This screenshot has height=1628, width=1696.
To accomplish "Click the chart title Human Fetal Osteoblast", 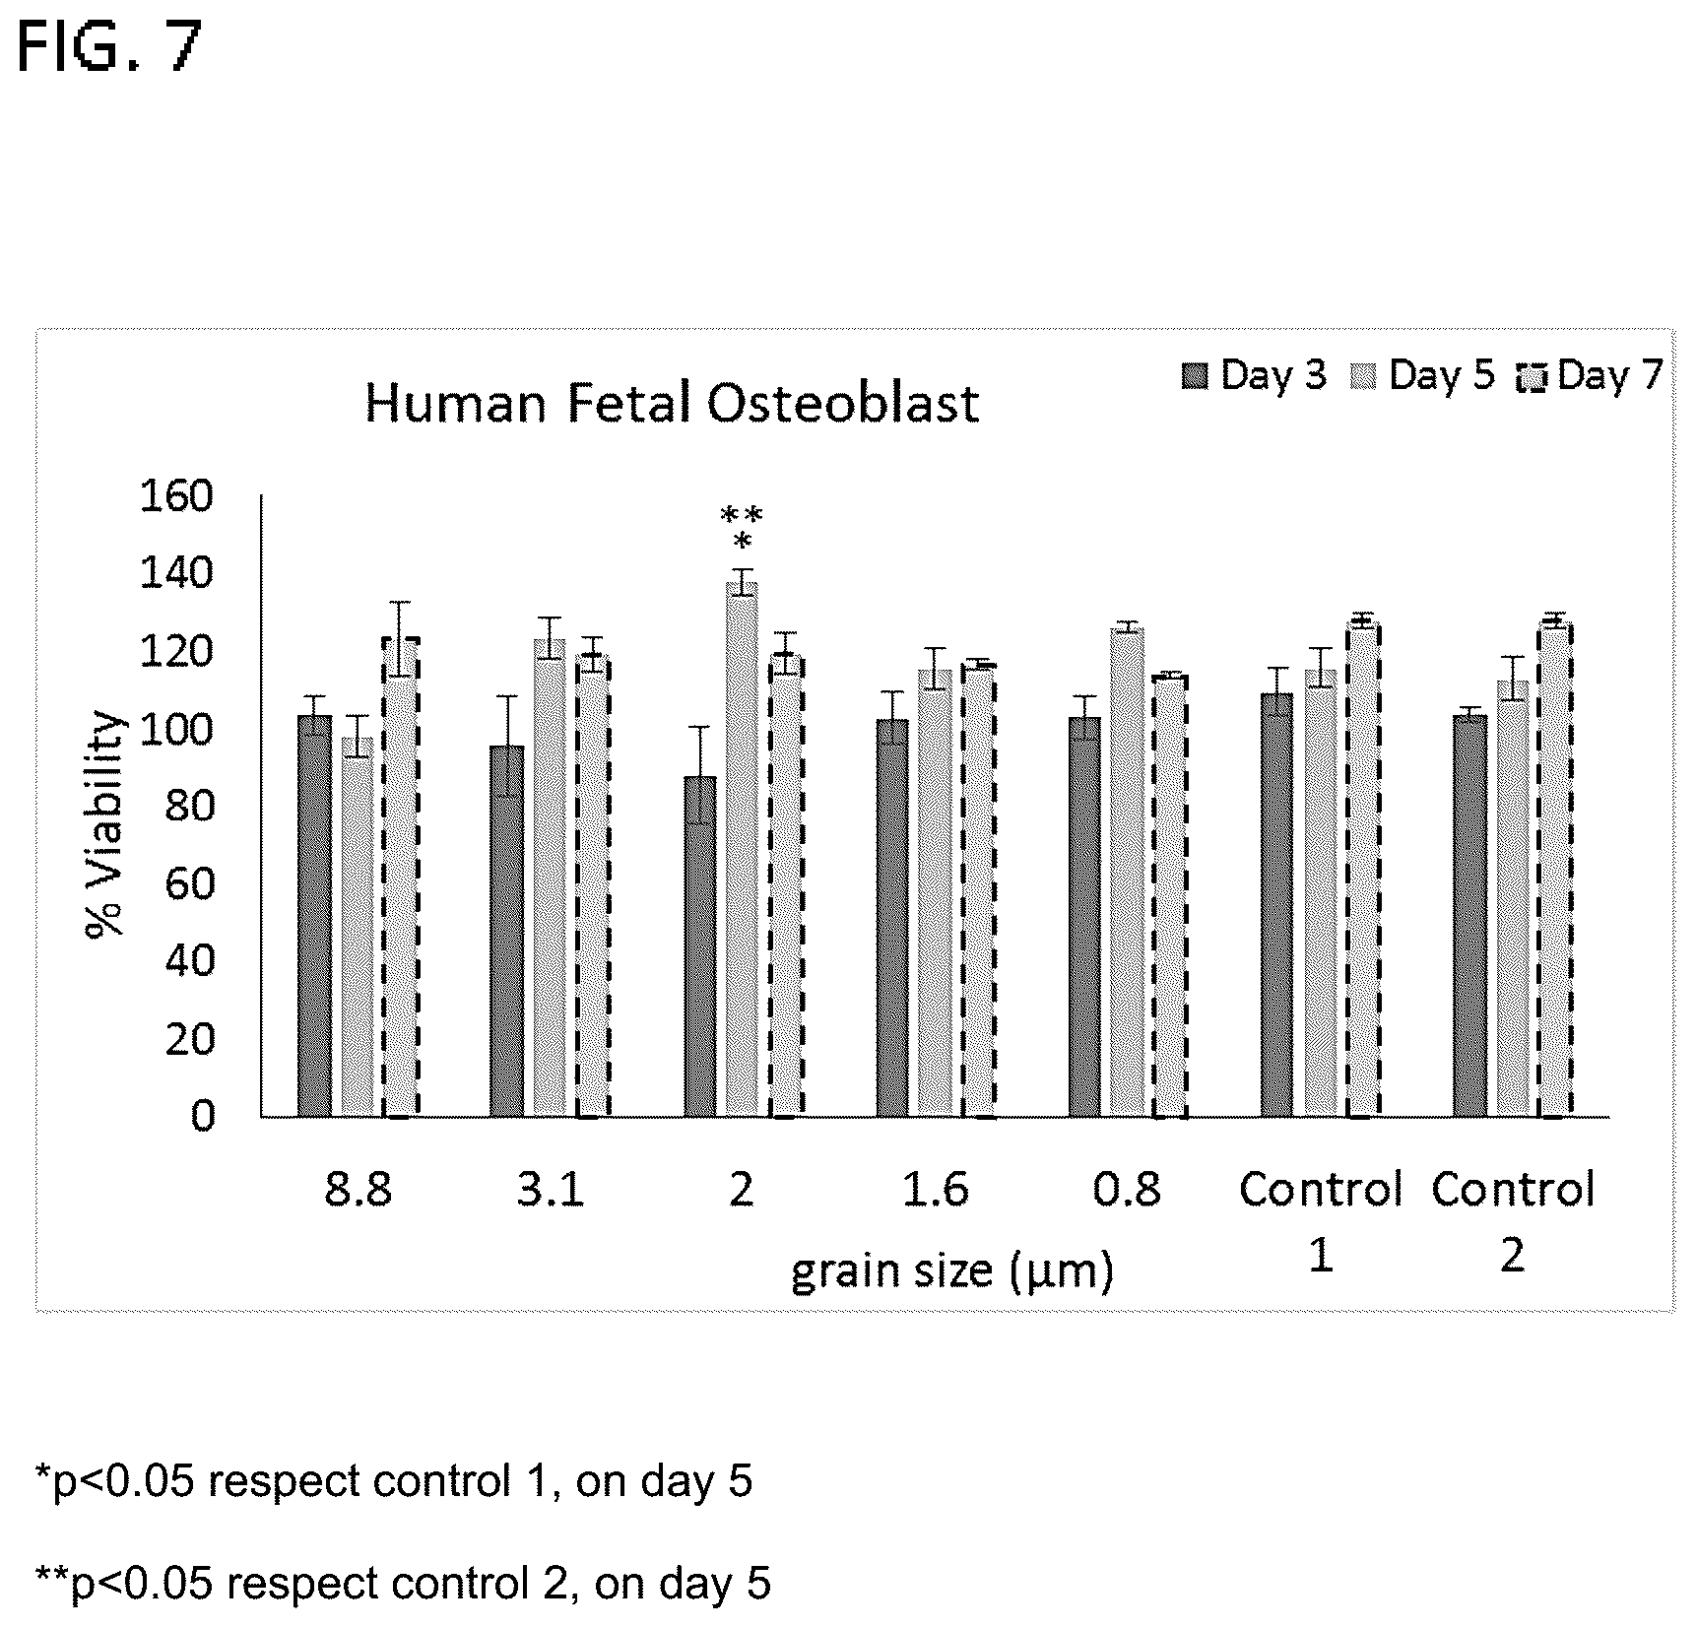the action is [672, 404].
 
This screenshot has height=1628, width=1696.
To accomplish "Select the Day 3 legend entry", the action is [1254, 375].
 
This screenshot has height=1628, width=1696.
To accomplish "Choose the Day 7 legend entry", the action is [1590, 375].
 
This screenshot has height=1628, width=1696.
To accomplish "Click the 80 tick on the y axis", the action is [189, 807].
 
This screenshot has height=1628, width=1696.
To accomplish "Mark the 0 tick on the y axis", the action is [202, 1117].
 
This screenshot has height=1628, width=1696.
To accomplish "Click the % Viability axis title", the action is [105, 823].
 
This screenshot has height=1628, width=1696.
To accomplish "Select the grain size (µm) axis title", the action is [952, 1271].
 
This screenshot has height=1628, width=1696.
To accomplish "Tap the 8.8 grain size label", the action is [358, 1190].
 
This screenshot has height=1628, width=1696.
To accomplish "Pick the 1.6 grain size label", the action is [936, 1190].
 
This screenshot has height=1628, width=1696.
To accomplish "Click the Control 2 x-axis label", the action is [1513, 1221].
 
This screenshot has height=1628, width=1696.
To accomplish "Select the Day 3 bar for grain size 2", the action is [699, 946].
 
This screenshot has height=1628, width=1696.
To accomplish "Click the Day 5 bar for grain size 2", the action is [743, 849].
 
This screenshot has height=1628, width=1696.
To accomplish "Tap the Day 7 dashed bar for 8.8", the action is [400, 878].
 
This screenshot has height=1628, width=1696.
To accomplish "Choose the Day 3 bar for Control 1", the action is [1277, 905].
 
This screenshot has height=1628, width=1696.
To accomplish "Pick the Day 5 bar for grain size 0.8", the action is [1128, 873].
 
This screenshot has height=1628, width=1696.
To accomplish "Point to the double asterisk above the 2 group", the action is [742, 515].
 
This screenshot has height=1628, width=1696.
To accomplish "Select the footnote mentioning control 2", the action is [404, 1584].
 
